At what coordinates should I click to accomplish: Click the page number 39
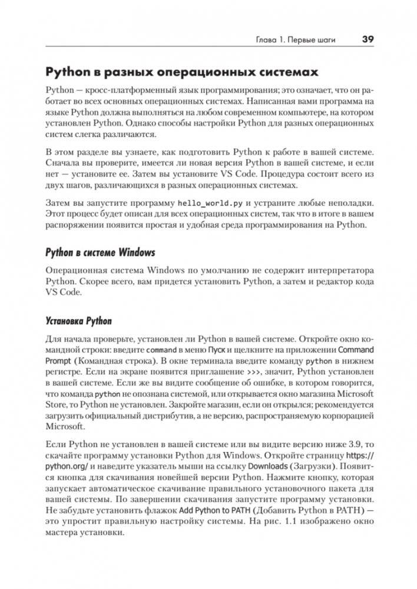coord(368,41)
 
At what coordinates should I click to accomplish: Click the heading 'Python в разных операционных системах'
coord(182,73)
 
